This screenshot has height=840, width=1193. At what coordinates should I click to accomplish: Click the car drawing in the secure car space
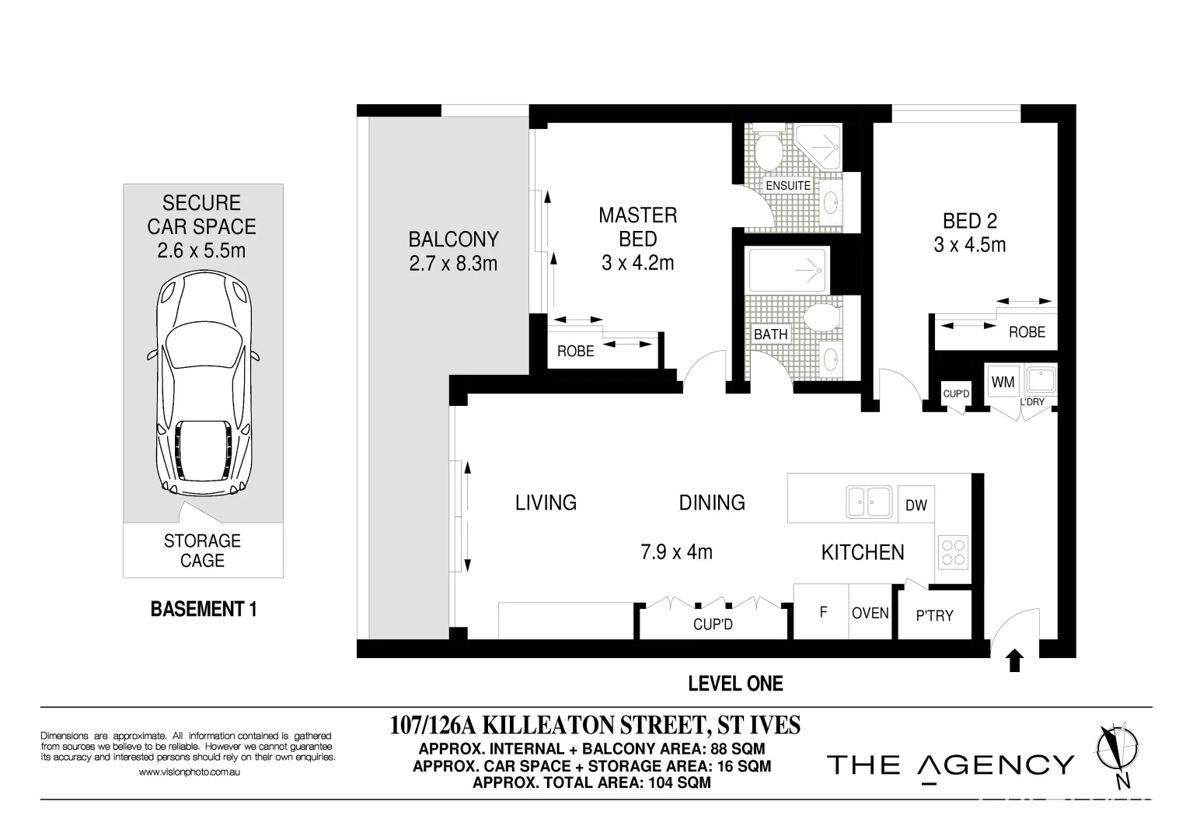coord(203,386)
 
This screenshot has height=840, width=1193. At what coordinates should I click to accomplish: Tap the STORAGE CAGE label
coord(202,551)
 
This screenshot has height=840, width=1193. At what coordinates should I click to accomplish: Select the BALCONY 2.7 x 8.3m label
coord(453,251)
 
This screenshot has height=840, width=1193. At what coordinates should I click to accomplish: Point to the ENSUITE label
coord(788,186)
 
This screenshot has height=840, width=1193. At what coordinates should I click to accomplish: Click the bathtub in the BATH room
coord(787,269)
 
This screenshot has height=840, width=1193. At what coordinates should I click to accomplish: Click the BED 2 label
coord(969,233)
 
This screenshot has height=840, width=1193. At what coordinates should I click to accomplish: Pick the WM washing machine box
coord(1003,382)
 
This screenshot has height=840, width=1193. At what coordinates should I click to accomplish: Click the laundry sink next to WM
coord(1038,380)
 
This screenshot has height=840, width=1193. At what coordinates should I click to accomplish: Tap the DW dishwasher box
coord(916,505)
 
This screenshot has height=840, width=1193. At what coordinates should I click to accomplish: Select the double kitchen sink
coord(868,502)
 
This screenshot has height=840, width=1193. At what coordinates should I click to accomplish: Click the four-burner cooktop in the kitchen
coord(954,551)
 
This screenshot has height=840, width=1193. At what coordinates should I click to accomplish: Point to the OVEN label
coord(870,613)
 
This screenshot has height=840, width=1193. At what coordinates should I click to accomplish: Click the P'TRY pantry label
coord(934,615)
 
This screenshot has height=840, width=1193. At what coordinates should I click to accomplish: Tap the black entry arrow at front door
coord(1015,661)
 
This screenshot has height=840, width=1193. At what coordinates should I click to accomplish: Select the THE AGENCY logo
coord(950,765)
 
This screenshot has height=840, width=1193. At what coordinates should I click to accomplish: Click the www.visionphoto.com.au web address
coord(189,772)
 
